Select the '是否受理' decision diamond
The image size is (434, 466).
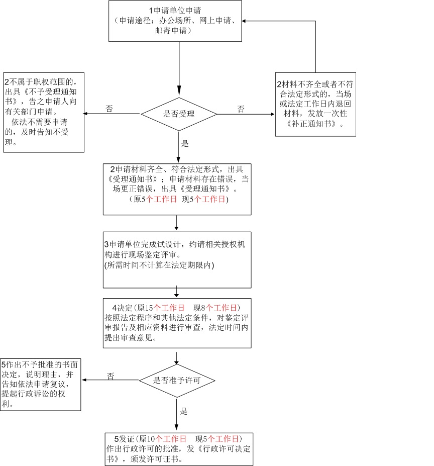coord(179,114)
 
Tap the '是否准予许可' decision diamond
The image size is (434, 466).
coord(177,381)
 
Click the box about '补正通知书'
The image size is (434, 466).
coord(315,104)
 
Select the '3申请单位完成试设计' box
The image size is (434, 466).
coord(177,259)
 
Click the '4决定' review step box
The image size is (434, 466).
coord(177,323)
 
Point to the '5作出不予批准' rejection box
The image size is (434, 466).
coord(40,384)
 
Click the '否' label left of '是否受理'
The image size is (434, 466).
coord(110,108)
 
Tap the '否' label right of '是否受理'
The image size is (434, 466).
coord(241,109)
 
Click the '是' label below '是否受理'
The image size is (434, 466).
coord(185,144)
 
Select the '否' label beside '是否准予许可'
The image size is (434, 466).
coord(111,376)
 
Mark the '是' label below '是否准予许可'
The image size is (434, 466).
coord(184,411)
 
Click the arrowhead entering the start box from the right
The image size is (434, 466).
coord(245,21)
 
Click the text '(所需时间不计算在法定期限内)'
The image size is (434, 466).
coord(159,265)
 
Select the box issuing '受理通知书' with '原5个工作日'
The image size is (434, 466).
coord(177,189)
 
